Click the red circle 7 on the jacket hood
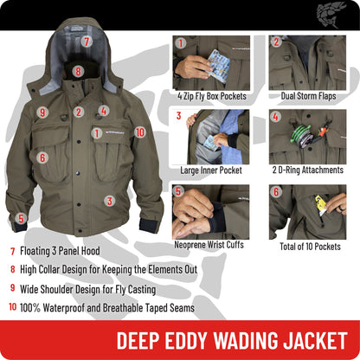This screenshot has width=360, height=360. click(x=87, y=41)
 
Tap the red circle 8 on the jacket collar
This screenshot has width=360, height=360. click(x=78, y=73)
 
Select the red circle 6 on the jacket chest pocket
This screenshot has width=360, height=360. click(x=42, y=157)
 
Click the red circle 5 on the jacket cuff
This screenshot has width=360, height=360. click(x=21, y=218)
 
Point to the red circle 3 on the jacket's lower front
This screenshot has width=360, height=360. click(x=110, y=200)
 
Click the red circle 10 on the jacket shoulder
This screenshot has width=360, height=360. click(x=140, y=132)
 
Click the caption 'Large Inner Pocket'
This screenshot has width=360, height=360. click(x=211, y=170)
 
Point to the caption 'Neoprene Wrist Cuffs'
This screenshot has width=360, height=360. click(x=211, y=245)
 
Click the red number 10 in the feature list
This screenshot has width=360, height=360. click(x=13, y=305)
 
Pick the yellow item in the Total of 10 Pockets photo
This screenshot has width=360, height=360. click(x=320, y=205)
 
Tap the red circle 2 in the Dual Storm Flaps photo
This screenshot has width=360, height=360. click(x=276, y=42)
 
